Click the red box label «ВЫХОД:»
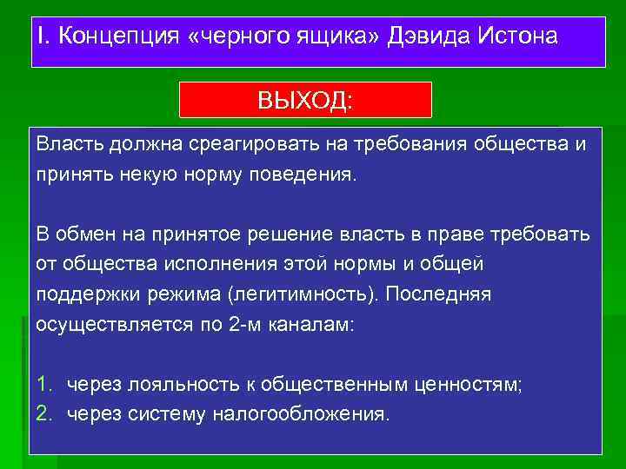(305, 100)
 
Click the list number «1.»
(45, 384)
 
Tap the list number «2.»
(45, 413)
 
